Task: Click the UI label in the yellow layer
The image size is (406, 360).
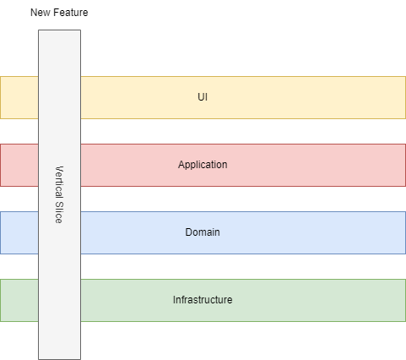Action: [x=203, y=97]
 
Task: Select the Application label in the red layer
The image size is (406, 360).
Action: [x=203, y=165]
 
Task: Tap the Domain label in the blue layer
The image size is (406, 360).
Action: [x=203, y=232]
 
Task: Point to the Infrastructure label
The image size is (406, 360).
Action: [x=203, y=300]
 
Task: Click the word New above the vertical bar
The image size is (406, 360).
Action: [x=41, y=14]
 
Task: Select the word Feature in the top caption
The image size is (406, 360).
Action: [x=70, y=14]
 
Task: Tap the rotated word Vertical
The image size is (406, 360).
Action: [x=59, y=181]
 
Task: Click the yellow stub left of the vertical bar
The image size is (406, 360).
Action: [x=19, y=97]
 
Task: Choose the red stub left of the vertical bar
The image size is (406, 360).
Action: [x=19, y=165]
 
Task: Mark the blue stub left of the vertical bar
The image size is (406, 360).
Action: [x=19, y=232]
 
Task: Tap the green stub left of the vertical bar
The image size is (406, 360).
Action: [x=19, y=300]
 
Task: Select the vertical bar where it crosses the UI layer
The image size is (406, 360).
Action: [x=59, y=97]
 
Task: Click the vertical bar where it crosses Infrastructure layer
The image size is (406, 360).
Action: [x=59, y=300]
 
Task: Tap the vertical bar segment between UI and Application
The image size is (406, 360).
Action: [x=59, y=131]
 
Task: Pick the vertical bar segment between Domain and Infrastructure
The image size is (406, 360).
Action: [x=59, y=266]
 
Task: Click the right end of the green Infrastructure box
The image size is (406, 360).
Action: [x=397, y=300]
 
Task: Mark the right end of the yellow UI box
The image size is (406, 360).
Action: [x=397, y=97]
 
